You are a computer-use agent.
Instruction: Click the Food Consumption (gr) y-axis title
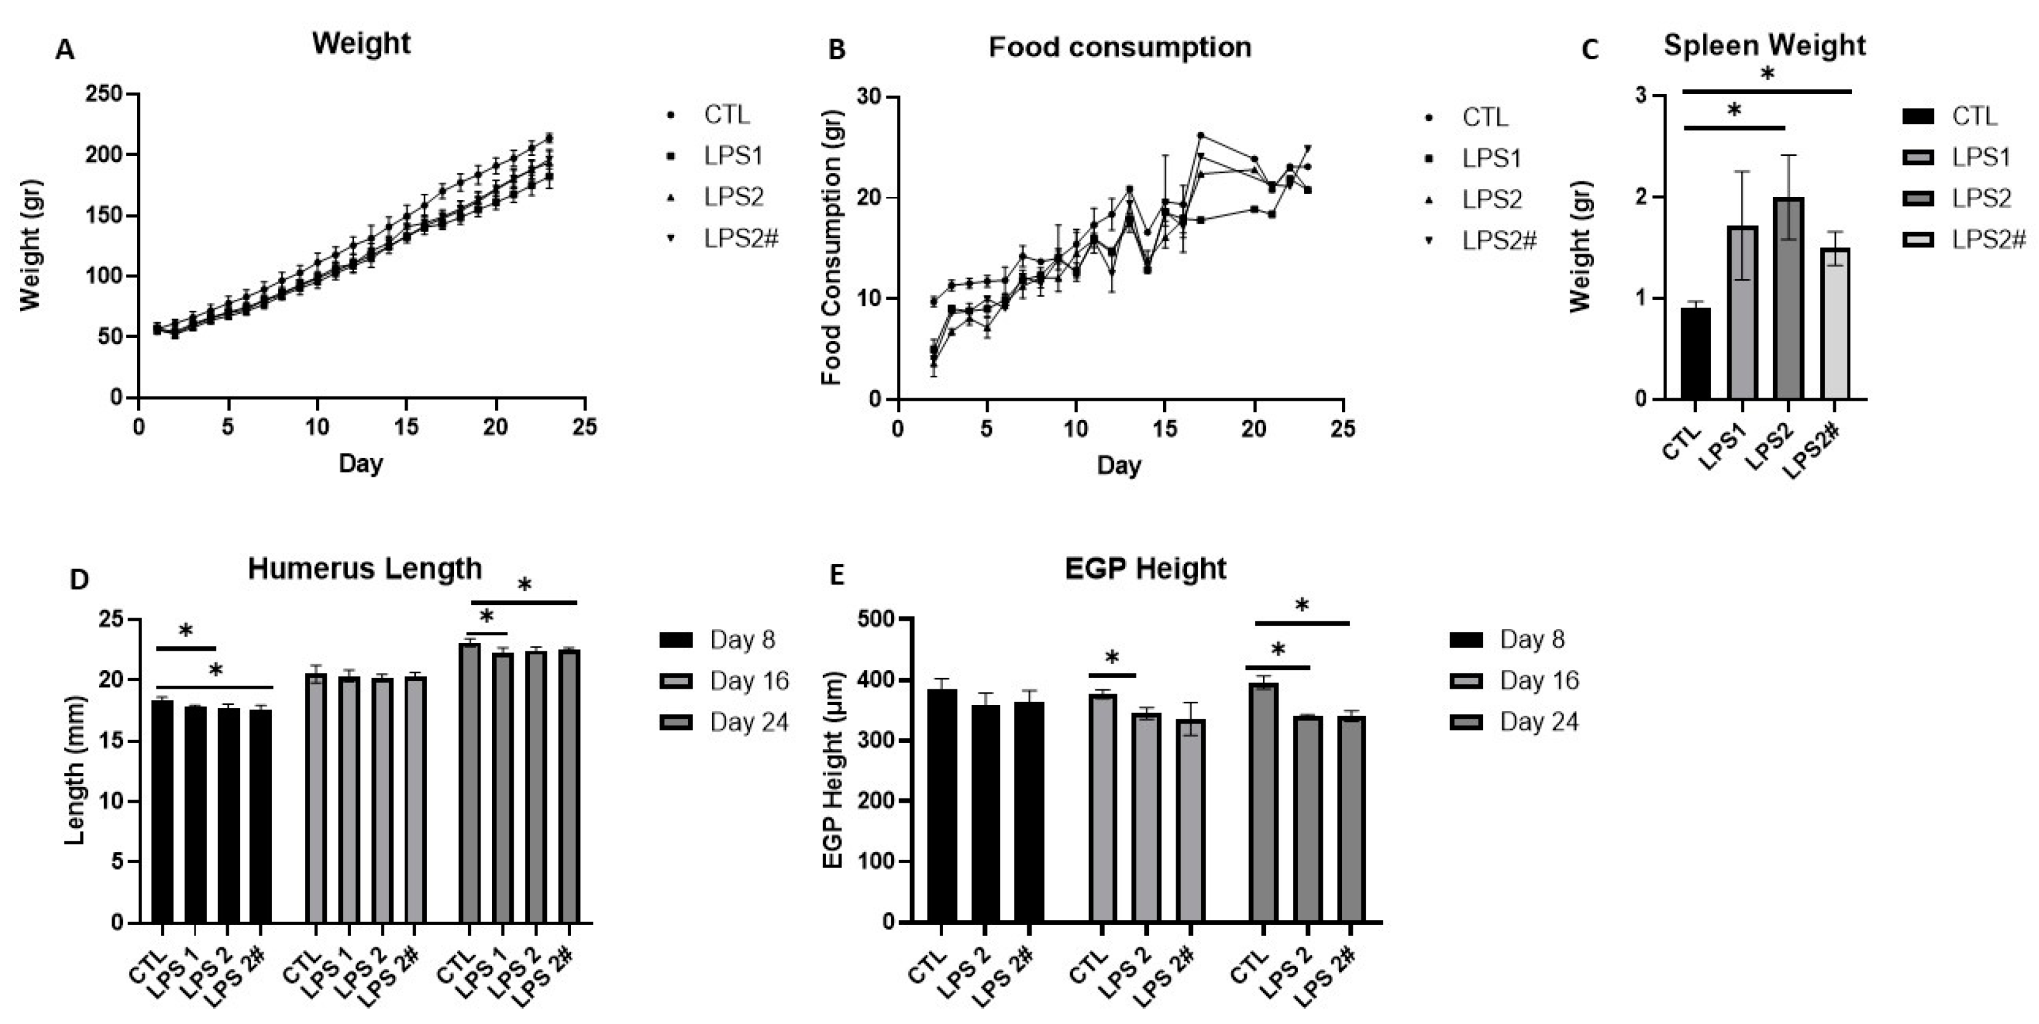830,247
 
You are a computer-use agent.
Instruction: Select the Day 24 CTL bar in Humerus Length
469,783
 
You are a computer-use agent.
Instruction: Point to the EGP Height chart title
1144,568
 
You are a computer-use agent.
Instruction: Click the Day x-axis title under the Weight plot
360,463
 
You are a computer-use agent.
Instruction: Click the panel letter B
836,50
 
